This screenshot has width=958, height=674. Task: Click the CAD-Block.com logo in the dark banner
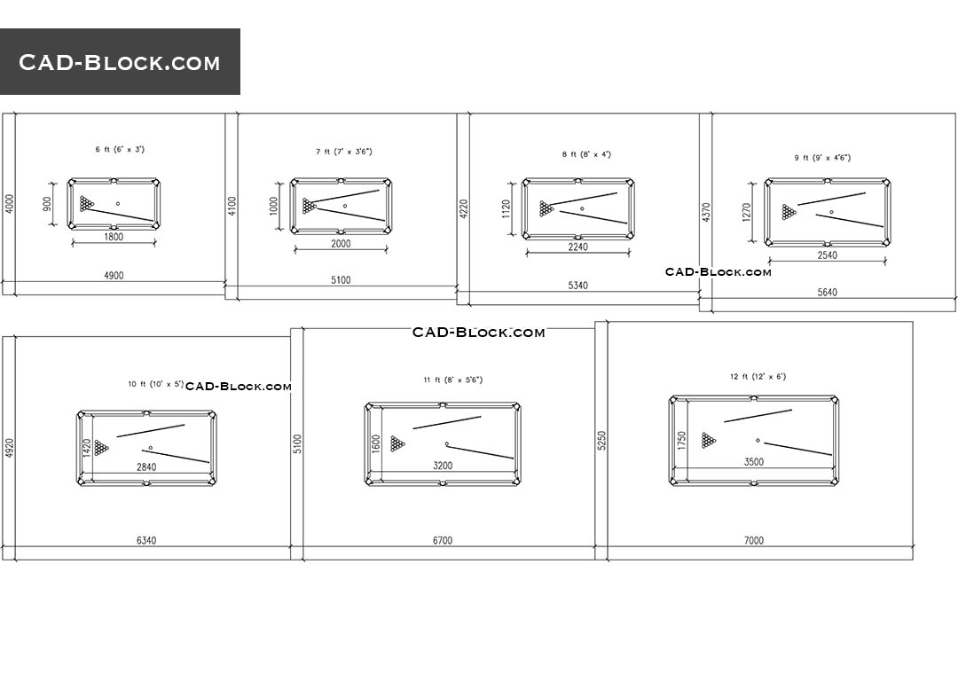(119, 62)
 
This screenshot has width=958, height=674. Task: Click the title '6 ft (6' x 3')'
(120, 149)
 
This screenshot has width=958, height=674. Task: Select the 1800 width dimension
(114, 237)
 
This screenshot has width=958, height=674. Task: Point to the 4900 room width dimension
(114, 276)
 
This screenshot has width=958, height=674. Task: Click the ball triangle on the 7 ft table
(310, 206)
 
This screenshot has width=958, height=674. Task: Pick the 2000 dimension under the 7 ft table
(341, 244)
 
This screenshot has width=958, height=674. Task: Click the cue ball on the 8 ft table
(582, 208)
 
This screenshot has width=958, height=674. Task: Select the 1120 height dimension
(506, 209)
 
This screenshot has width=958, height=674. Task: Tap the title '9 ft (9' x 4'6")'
(822, 158)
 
